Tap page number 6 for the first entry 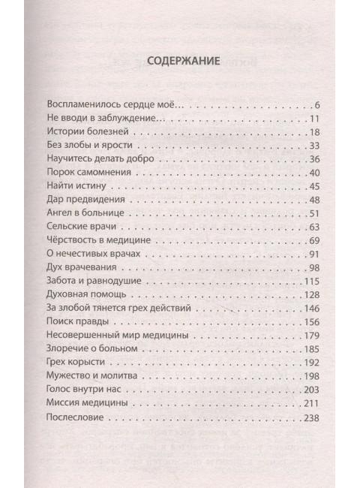pos(317,104)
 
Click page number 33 pos(314,146)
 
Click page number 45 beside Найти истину pos(314,187)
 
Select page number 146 pos(312,309)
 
